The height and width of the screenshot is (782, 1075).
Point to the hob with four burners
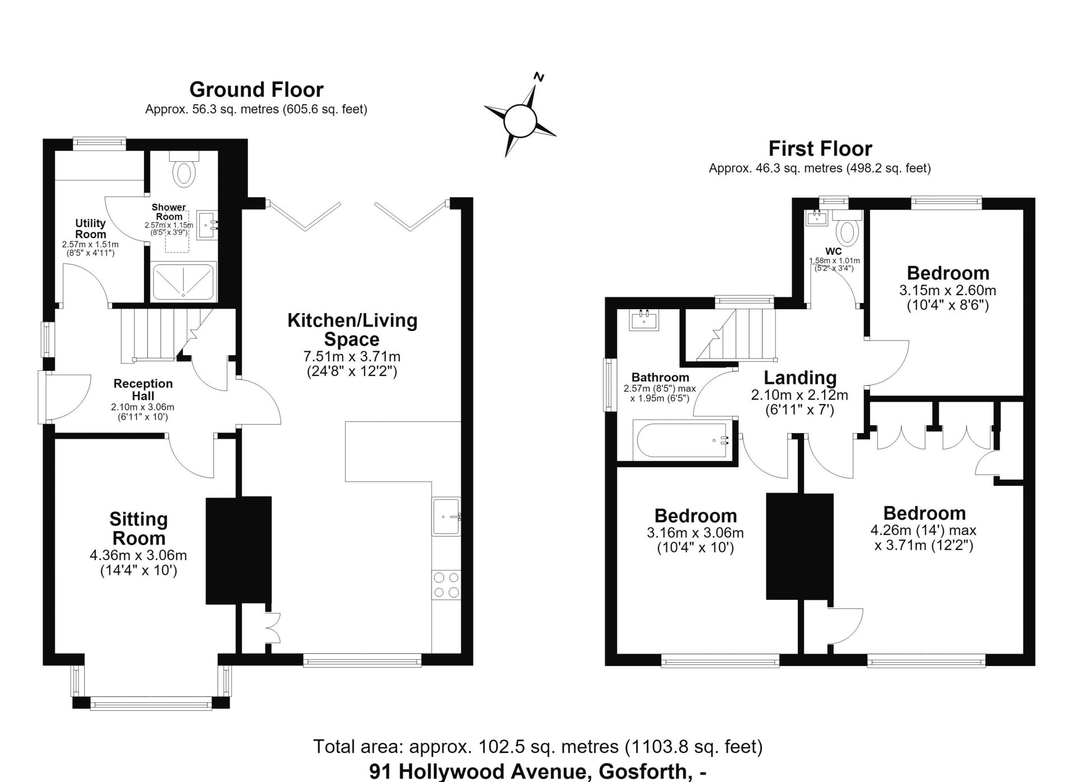click(x=446, y=585)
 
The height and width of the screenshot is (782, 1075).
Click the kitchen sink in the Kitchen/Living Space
click(x=446, y=516)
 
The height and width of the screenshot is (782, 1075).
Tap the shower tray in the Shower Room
click(x=184, y=280)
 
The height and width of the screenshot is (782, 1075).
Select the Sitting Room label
click(x=138, y=528)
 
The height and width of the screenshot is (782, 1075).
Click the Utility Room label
click(x=91, y=229)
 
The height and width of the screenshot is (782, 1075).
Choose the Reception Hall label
click(x=143, y=389)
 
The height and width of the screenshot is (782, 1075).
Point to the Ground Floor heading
click(x=256, y=90)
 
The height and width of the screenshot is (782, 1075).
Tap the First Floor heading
click(x=820, y=148)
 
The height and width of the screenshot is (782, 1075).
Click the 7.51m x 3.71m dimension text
click(x=352, y=356)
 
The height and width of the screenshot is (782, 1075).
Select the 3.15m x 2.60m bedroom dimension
click(x=948, y=291)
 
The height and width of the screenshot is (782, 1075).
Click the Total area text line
click(x=538, y=747)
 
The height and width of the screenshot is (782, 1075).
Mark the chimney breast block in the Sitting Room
click(x=239, y=550)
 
